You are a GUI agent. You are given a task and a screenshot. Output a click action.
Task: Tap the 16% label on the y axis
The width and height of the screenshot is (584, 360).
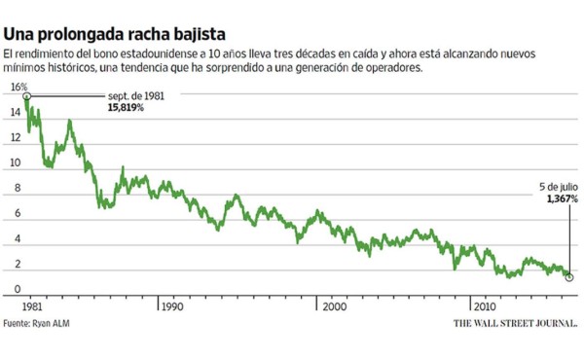[17, 87]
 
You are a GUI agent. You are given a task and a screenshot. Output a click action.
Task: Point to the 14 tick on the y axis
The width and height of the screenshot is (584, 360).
[16, 113]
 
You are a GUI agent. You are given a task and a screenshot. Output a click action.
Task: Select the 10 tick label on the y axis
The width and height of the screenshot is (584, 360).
[16, 163]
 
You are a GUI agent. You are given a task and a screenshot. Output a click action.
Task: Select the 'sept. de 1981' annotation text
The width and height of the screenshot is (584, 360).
[131, 95]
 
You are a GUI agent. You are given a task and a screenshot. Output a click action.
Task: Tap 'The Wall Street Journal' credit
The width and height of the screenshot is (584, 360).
[514, 322]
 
